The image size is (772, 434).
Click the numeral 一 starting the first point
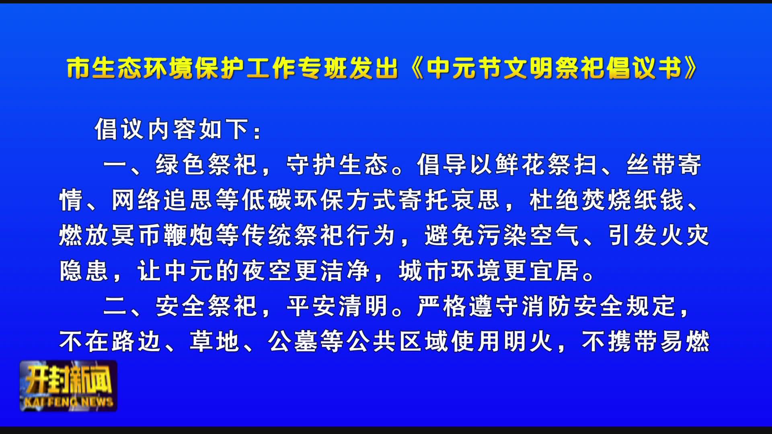116,165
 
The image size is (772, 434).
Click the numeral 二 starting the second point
116,306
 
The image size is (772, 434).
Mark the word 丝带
650,165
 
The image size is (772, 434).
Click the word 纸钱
659,200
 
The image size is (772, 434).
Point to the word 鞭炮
189,235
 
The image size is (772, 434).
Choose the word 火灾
685,235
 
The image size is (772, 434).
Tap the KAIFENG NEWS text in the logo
69,402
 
